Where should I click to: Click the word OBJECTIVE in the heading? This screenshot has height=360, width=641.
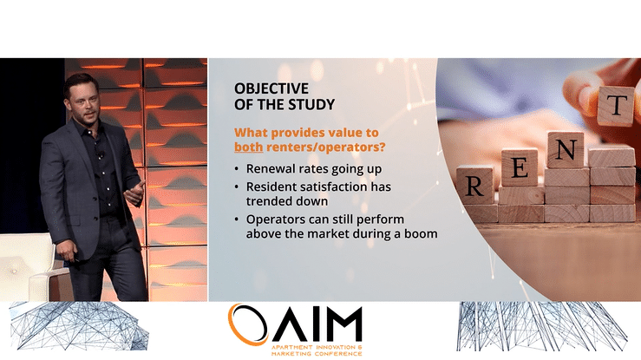click(271, 88)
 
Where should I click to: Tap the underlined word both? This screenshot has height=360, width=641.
click(249, 147)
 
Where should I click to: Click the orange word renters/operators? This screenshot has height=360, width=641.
click(326, 147)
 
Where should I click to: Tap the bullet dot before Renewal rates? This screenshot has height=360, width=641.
click(237, 169)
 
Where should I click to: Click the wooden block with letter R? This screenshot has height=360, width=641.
click(474, 185)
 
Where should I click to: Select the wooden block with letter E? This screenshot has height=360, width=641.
click(520, 167)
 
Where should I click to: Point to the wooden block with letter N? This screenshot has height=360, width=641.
click(566, 150)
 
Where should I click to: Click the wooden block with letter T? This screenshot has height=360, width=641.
click(616, 105)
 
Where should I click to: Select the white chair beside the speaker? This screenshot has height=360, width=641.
click(28, 266)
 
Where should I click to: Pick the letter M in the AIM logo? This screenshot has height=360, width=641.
click(340, 324)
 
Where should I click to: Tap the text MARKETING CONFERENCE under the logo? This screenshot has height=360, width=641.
click(317, 353)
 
